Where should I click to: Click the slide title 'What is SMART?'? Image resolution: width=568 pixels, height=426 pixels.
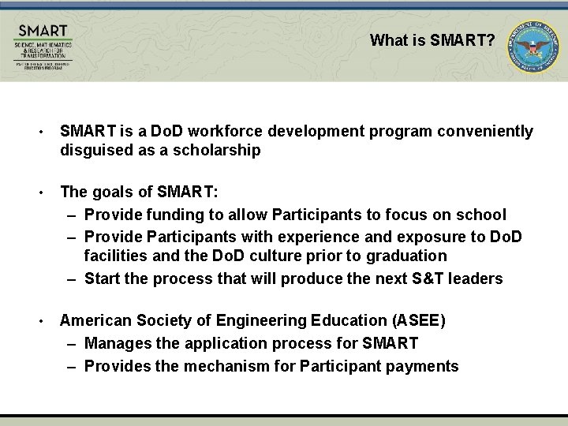[432, 39]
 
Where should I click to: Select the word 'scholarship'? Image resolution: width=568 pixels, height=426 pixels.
[222, 151]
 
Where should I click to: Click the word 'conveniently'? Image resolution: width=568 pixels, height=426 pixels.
[488, 131]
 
